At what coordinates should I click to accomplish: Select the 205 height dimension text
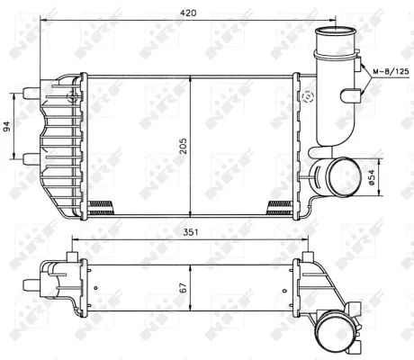pos(184,148)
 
